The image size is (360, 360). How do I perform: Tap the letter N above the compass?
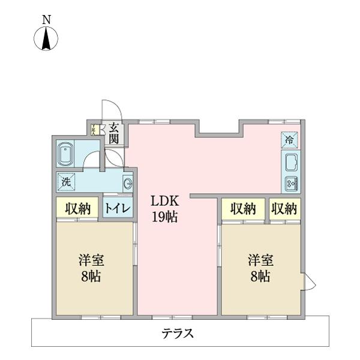point(46,20)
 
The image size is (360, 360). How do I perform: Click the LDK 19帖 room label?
point(164,209)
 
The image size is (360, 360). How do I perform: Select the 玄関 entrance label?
point(113,133)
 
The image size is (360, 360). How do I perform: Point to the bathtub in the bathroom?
point(66,154)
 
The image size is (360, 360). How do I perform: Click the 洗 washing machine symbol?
point(65,180)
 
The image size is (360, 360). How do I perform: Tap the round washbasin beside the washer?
point(127,184)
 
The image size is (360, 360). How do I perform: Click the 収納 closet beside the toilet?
point(77,208)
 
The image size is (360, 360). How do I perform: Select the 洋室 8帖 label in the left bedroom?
point(92,268)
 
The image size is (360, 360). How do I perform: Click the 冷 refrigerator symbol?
point(289,140)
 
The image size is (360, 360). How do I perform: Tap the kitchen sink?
point(291,163)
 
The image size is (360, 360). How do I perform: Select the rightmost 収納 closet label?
point(284,208)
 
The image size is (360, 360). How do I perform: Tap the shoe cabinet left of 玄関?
point(95,128)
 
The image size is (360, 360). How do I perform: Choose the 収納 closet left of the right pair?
point(243,208)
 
